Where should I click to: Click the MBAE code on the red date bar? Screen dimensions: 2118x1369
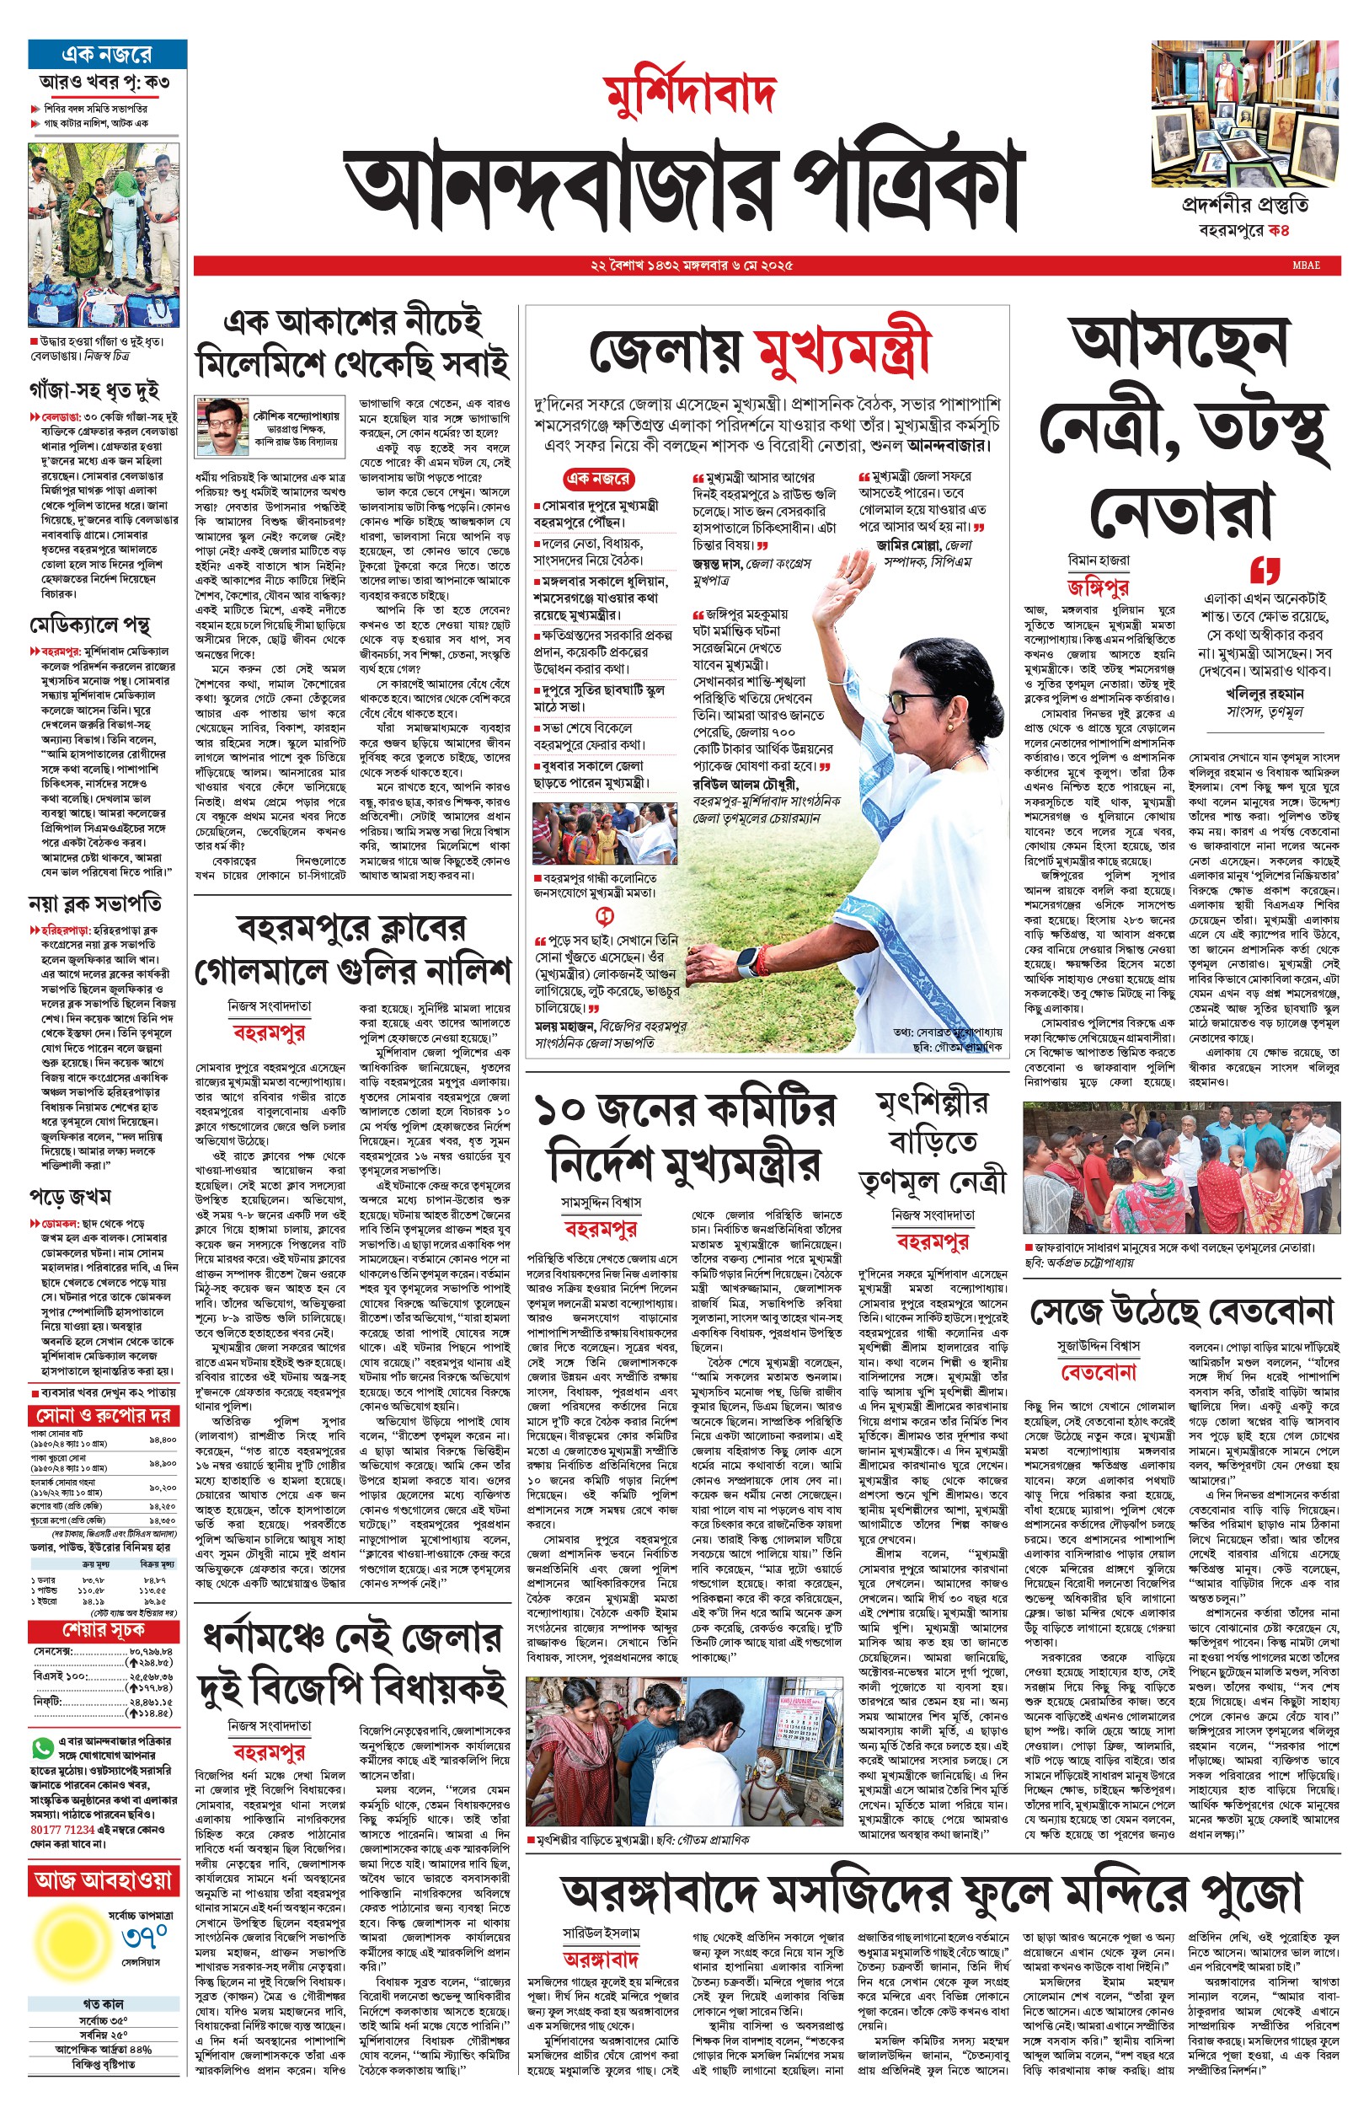pos(1306,265)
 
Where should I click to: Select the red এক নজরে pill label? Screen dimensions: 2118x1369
pos(598,479)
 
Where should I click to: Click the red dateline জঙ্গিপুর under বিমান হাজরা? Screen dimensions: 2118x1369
pos(1099,587)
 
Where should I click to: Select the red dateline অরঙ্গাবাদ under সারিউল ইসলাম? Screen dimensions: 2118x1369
pos(601,1958)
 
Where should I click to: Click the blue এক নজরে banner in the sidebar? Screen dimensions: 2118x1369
pos(107,54)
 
